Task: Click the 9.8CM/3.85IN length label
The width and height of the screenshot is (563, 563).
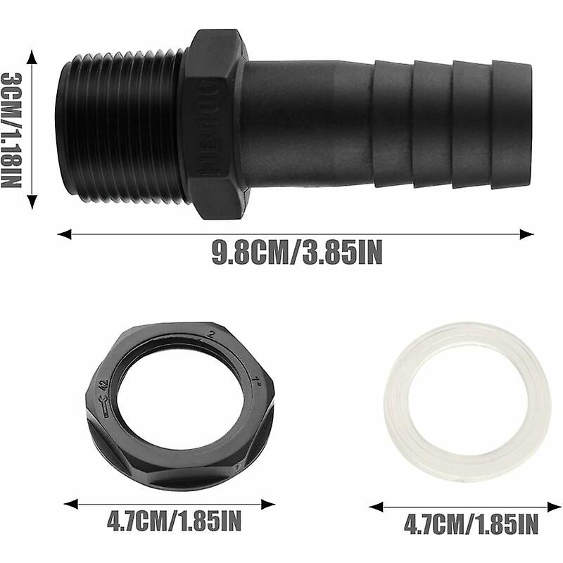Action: [297, 253]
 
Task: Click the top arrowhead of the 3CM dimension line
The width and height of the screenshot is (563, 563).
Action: [32, 54]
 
